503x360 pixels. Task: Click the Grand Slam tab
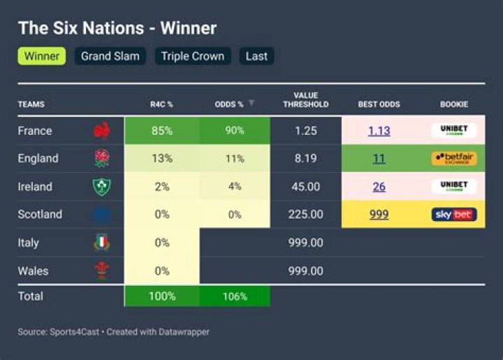pyautogui.click(x=110, y=56)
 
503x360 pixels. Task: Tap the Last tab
pyautogui.click(x=256, y=56)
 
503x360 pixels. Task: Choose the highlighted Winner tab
pyautogui.click(x=42, y=56)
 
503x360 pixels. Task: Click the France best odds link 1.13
pyautogui.click(x=379, y=131)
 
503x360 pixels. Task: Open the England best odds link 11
pyautogui.click(x=379, y=159)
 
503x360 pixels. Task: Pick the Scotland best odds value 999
pyautogui.click(x=379, y=215)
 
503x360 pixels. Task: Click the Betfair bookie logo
pyautogui.click(x=454, y=159)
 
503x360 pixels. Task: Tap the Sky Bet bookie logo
pyautogui.click(x=454, y=215)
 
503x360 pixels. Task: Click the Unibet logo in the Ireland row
pyautogui.click(x=454, y=187)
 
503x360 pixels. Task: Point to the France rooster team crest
pyautogui.click(x=102, y=131)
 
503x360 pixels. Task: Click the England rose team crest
pyautogui.click(x=102, y=159)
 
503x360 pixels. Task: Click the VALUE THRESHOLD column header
pyautogui.click(x=305, y=100)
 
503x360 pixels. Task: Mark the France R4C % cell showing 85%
pyautogui.click(x=162, y=131)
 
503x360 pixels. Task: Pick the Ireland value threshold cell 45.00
pyautogui.click(x=305, y=187)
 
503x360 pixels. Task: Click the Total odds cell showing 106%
pyautogui.click(x=235, y=296)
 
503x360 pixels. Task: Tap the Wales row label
pyautogui.click(x=33, y=271)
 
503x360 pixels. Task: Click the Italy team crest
pyautogui.click(x=102, y=243)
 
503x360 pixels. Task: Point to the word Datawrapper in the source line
pyautogui.click(x=183, y=332)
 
